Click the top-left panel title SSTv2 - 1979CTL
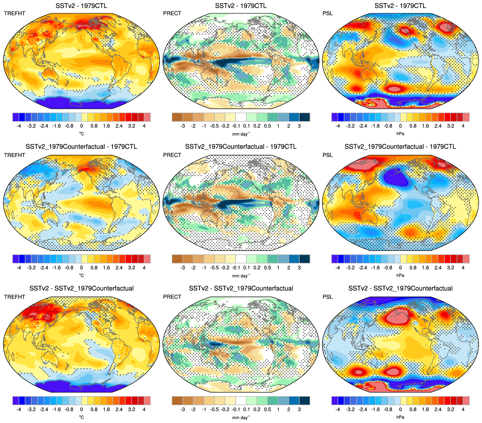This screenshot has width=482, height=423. pos(81,6)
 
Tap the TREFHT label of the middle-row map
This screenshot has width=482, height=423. pos(14,155)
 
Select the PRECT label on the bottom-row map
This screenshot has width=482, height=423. pos(172,297)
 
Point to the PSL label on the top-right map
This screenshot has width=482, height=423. pos(328,13)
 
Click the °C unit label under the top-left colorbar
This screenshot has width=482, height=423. pos(81,134)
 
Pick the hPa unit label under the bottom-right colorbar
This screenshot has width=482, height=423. pos(400,417)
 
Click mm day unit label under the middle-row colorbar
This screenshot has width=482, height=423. pos(241,276)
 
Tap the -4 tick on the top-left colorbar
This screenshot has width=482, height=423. pos(19,126)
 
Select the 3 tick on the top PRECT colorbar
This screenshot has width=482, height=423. pos(299,126)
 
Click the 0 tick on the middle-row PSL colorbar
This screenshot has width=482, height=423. pos(400,268)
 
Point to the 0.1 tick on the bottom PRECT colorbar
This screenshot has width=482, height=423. pos(246,409)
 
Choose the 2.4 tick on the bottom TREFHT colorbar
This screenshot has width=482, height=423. pos(119,409)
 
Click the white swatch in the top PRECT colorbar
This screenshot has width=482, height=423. pos(241,117)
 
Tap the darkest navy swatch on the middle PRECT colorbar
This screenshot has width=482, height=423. pos(304,259)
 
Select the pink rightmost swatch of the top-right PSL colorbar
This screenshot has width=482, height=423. pos(466,117)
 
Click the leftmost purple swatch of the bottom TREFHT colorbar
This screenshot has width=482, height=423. pos(16,401)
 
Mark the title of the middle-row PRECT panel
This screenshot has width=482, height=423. pos(241,147)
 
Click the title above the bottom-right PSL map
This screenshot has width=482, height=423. pos(400,288)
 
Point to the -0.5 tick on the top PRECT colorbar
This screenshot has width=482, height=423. pos(214,126)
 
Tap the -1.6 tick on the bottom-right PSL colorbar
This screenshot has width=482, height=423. pos(375,409)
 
